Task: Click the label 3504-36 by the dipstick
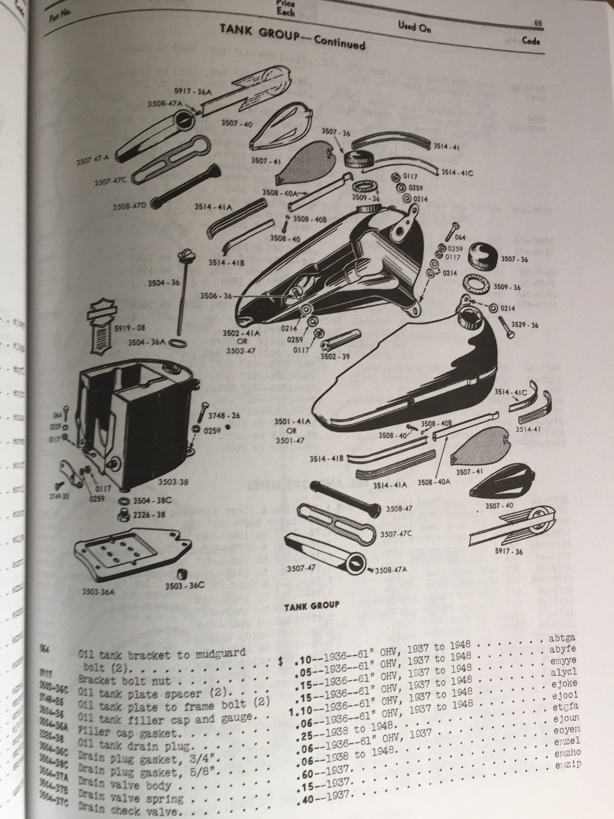148,283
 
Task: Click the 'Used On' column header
414,28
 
